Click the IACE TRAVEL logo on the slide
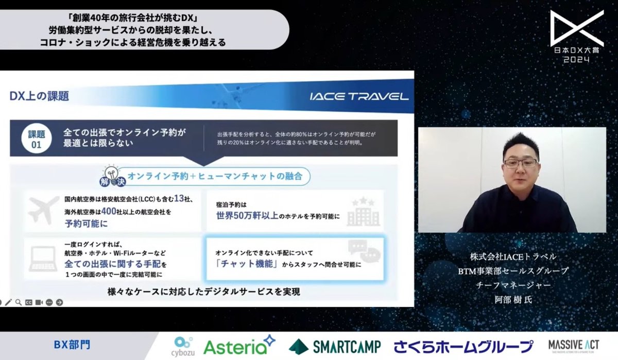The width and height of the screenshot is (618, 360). click(360, 96)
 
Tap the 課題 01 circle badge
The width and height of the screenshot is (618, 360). click(35, 139)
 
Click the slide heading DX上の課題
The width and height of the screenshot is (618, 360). click(39, 96)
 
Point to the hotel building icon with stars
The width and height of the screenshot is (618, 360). click(363, 211)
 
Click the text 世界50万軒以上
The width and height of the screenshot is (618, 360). click(247, 216)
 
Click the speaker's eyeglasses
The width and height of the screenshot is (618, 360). click(520, 163)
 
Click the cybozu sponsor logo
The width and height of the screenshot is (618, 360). click(184, 346)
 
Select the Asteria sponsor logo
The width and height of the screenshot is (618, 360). click(239, 346)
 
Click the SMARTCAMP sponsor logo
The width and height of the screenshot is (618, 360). click(335, 346)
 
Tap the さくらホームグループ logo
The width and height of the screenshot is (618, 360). click(463, 346)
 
